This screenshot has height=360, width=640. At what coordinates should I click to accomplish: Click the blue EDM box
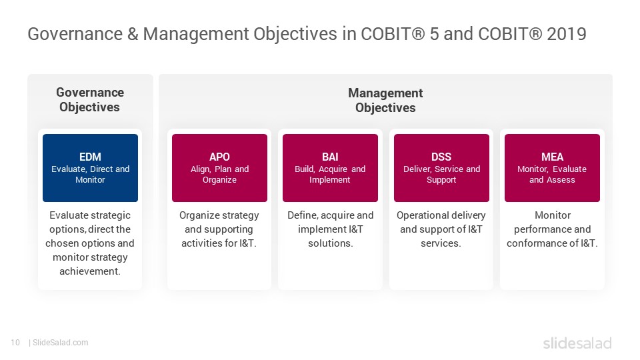(x=90, y=168)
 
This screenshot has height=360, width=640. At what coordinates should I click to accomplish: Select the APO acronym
(x=219, y=157)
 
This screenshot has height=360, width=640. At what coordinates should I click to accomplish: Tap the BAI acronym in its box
(x=330, y=157)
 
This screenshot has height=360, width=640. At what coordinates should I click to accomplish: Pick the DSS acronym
(x=441, y=157)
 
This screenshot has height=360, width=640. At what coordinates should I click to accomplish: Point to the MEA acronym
(x=552, y=157)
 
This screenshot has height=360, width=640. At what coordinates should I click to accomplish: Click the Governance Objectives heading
(x=90, y=99)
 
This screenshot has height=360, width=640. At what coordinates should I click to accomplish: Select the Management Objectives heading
(x=385, y=101)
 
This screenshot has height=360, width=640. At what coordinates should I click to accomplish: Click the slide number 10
(x=15, y=343)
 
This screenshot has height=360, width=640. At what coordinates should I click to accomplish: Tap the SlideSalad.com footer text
(x=61, y=343)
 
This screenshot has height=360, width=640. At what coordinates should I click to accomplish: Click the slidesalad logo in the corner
(x=577, y=343)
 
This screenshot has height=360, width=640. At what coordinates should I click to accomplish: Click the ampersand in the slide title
(x=133, y=34)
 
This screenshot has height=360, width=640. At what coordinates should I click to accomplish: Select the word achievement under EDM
(x=90, y=271)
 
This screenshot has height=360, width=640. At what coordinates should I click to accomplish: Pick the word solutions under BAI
(x=330, y=243)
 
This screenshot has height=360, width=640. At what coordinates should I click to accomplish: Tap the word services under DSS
(x=441, y=243)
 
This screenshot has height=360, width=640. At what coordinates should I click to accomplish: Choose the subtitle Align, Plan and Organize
(x=219, y=174)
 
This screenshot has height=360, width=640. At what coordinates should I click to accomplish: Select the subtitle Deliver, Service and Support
(x=441, y=174)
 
